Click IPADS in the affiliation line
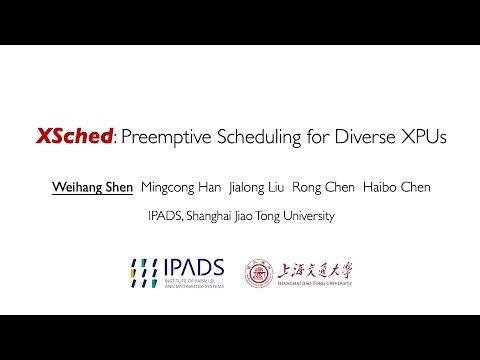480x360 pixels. (165, 215)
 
